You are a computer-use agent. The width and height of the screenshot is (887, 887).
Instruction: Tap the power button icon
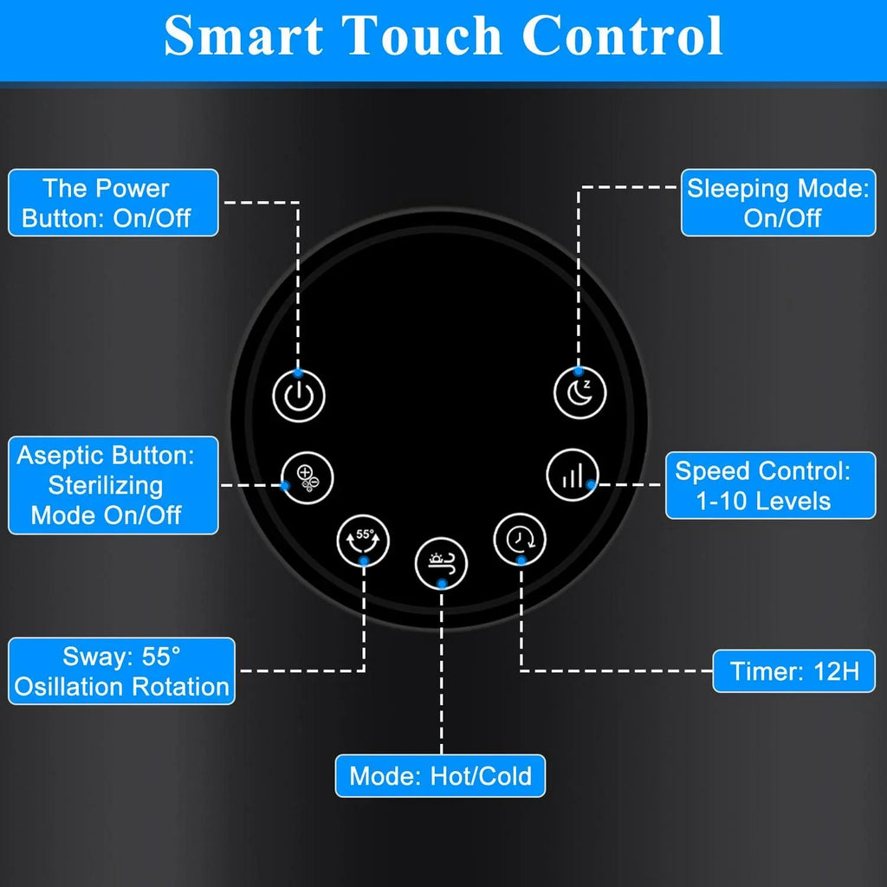[299, 395]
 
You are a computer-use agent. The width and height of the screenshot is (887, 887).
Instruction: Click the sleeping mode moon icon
[579, 392]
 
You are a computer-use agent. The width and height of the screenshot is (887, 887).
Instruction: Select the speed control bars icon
[573, 476]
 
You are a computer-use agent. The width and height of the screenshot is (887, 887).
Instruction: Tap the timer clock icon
[520, 539]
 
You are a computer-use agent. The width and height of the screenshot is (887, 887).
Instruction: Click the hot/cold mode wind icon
[441, 563]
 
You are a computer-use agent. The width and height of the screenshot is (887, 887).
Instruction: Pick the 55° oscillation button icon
[363, 541]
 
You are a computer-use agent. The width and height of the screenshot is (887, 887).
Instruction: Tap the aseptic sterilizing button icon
[308, 478]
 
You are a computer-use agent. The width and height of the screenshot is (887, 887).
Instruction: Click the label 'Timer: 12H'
[793, 671]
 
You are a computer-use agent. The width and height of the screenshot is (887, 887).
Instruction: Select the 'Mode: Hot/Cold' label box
[440, 775]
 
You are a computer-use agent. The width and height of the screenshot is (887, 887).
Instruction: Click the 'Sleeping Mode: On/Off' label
[779, 203]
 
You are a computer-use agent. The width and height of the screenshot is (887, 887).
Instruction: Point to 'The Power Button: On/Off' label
[113, 203]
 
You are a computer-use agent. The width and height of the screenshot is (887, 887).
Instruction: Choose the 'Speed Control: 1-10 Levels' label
[770, 485]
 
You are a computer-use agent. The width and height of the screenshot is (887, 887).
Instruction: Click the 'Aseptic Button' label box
[113, 485]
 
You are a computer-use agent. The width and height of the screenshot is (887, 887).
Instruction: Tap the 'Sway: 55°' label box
[121, 671]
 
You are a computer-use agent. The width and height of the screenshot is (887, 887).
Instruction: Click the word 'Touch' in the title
[423, 35]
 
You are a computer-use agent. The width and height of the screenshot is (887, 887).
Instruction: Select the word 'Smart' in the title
[243, 35]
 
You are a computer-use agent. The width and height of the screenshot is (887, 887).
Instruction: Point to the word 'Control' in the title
[622, 35]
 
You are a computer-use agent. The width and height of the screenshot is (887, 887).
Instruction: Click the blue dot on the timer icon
[521, 560]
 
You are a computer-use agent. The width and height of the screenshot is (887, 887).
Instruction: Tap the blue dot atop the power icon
[298, 372]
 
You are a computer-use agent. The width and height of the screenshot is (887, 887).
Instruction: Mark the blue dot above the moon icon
[578, 371]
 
